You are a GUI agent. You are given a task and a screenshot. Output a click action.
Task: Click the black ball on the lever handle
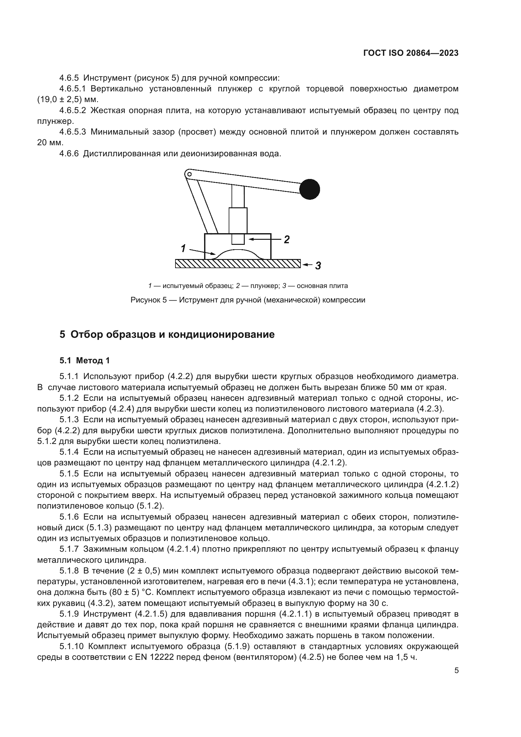[310, 189]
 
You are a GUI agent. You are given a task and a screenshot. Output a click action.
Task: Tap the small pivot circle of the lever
[189, 174]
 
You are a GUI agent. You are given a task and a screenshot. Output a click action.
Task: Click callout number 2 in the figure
[286, 239]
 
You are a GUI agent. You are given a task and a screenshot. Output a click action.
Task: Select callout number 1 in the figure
[183, 248]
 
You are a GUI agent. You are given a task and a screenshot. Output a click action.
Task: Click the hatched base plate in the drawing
[238, 263]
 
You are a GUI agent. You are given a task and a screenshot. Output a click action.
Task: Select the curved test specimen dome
[238, 254]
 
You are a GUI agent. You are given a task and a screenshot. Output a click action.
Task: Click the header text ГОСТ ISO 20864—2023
[411, 53]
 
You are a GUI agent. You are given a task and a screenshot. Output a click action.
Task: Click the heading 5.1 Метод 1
[84, 360]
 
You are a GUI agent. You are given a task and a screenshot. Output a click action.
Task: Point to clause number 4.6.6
[69, 153]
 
